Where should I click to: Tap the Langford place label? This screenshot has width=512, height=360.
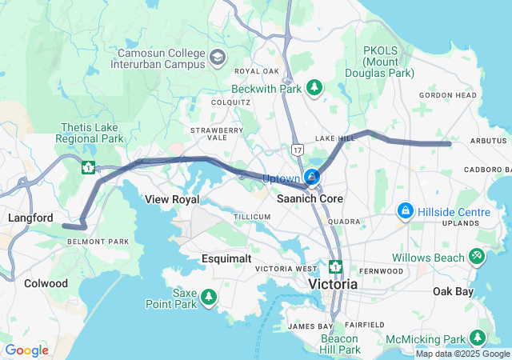pyautogui.click(x=30, y=218)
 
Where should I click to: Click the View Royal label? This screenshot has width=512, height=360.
pyautogui.click(x=171, y=199)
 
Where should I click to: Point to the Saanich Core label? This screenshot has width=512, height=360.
pyautogui.click(x=310, y=198)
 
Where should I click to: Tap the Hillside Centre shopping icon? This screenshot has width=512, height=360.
pyautogui.click(x=406, y=211)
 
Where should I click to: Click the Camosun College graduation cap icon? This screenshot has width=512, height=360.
pyautogui.click(x=218, y=57)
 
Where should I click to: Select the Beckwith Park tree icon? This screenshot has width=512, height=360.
pyautogui.click(x=316, y=86)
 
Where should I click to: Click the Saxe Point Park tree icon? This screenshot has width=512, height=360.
pyautogui.click(x=209, y=298)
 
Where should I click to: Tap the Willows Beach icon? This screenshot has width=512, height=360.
pyautogui.click(x=477, y=257)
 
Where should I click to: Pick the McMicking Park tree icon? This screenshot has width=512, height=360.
pyautogui.click(x=478, y=338)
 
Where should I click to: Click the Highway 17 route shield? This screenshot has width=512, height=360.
pyautogui.click(x=298, y=150)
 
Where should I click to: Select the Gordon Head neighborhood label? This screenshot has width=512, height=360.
pyautogui.click(x=448, y=95)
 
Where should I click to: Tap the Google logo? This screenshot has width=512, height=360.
pyautogui.click(x=26, y=350)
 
